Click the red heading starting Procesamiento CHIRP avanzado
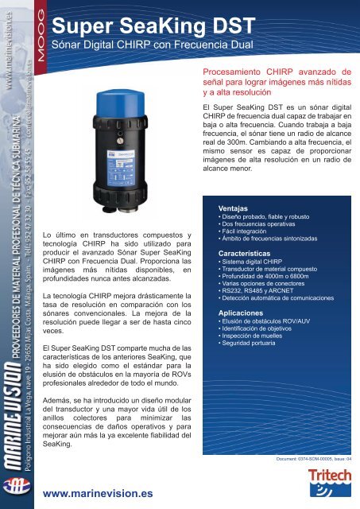click(275, 81)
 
